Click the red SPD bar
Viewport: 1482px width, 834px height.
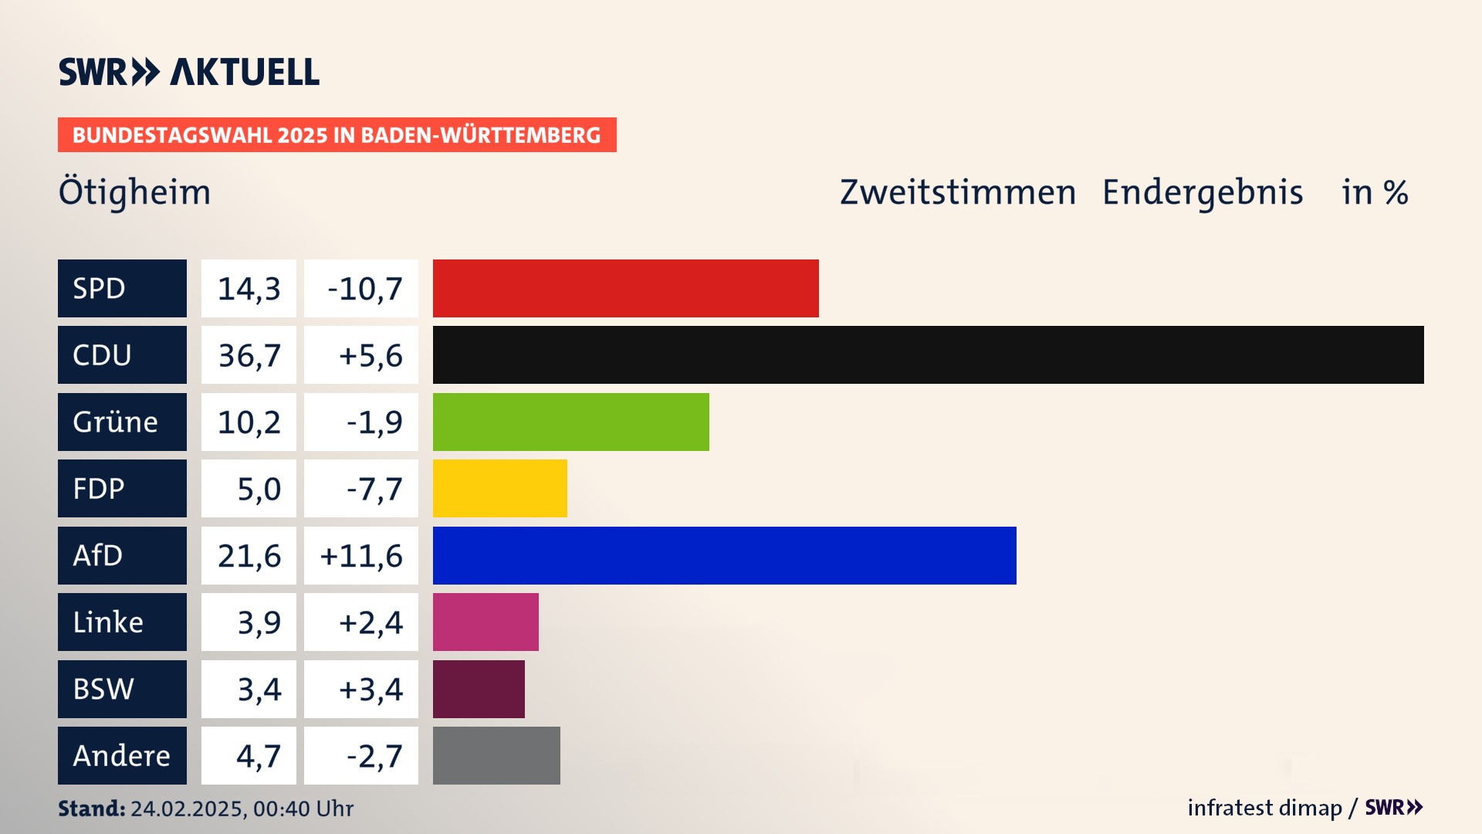(625, 288)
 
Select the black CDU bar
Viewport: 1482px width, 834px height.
(928, 355)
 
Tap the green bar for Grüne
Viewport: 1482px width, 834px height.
(570, 422)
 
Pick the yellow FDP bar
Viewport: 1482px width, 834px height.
(499, 489)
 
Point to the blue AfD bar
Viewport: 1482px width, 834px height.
(724, 555)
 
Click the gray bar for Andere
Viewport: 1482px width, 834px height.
(496, 755)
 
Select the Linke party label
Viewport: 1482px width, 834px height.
(122, 622)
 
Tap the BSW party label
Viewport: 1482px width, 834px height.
(122, 689)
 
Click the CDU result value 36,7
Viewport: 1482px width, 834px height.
(249, 355)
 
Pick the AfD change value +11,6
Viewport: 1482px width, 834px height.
(361, 555)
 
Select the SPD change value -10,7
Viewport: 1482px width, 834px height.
(361, 288)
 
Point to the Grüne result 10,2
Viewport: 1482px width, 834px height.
(249, 422)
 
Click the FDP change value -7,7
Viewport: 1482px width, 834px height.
(361, 489)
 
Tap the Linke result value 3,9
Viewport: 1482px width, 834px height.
(249, 622)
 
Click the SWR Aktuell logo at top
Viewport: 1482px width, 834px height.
(189, 72)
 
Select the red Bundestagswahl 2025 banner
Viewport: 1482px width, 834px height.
(337, 135)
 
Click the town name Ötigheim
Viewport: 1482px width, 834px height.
(134, 192)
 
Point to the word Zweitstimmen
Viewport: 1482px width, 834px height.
(957, 192)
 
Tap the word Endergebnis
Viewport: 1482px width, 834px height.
(1202, 192)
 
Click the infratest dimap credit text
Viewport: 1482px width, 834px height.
(1264, 808)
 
